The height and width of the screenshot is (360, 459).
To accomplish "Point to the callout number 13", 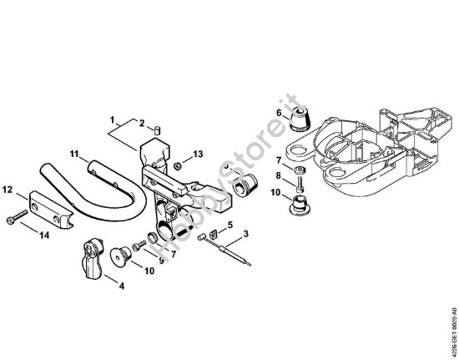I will [197, 155].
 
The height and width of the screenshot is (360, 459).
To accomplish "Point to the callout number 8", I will [279, 175].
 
